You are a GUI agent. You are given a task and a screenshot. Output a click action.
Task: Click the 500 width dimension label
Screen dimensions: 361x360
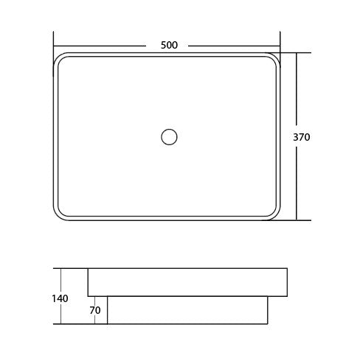169,45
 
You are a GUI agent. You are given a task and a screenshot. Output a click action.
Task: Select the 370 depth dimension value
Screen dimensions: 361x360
301,137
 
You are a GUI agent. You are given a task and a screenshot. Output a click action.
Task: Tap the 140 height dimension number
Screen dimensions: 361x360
60,298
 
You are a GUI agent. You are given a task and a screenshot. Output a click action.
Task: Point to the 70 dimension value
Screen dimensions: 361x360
94,310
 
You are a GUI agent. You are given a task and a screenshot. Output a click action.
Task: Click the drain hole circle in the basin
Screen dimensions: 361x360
169,136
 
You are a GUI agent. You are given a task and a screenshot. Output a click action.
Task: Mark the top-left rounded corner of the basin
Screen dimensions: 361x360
58,58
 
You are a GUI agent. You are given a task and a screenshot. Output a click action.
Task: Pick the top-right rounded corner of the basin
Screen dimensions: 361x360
276,58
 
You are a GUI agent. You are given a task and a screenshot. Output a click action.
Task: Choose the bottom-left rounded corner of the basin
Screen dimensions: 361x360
58,215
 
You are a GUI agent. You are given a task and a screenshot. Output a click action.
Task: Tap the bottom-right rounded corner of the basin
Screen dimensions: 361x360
276,215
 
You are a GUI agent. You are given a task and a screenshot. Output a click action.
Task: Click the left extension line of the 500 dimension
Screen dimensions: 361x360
54,41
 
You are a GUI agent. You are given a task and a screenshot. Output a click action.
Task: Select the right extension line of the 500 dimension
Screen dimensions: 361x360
280,41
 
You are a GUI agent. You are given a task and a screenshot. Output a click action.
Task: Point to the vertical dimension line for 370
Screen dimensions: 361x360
297,177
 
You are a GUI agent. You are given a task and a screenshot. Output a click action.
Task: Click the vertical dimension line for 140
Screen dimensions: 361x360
60,280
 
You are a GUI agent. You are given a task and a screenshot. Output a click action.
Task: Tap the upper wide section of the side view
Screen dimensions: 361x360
187,282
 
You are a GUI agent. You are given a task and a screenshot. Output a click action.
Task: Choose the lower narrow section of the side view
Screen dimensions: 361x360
187,310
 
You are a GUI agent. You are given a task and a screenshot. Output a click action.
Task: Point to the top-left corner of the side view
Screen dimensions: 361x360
88,269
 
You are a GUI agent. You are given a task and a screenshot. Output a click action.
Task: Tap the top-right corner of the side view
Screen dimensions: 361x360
287,269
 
